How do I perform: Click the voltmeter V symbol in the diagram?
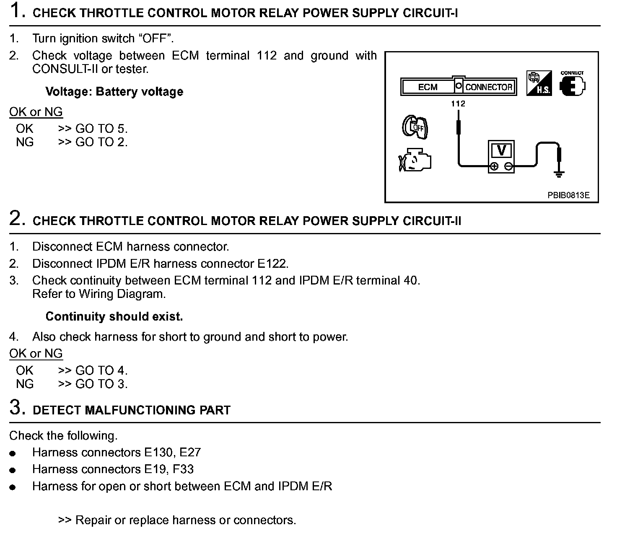[x=501, y=150]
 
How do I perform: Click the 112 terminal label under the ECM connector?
[x=458, y=103]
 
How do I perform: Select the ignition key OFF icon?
[x=415, y=127]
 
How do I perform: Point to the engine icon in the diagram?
[x=415, y=160]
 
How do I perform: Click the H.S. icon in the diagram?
[x=539, y=83]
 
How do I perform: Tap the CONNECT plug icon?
[x=572, y=84]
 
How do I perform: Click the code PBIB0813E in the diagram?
[x=568, y=195]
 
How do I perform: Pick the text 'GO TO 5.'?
[x=101, y=129]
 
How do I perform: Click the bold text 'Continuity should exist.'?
[x=114, y=316]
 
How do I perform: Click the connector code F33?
[x=182, y=469]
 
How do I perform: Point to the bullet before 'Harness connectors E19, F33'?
[x=13, y=471]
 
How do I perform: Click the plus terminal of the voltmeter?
[x=494, y=166]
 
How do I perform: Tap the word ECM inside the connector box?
[x=428, y=87]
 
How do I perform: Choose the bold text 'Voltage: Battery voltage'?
[x=114, y=92]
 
